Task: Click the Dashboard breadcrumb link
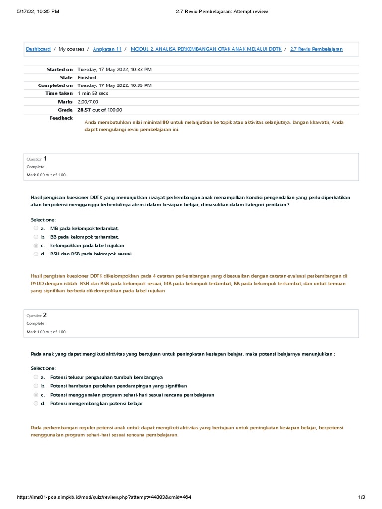(x=38, y=49)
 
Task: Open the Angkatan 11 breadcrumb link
(x=107, y=49)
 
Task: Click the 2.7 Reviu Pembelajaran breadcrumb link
(x=316, y=49)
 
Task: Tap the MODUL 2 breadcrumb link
(x=205, y=49)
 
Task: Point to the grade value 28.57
(x=84, y=110)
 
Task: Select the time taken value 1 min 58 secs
(x=93, y=93)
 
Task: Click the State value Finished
(x=87, y=78)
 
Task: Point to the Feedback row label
(x=61, y=118)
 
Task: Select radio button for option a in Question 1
(x=36, y=228)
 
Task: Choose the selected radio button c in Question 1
(x=36, y=246)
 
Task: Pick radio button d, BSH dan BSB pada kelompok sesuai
(x=36, y=254)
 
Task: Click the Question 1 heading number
(x=45, y=159)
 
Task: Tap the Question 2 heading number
(x=45, y=315)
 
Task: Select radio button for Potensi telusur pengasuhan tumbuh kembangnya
(x=36, y=377)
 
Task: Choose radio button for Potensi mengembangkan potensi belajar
(x=36, y=403)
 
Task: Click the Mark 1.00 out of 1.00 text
(x=46, y=332)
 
